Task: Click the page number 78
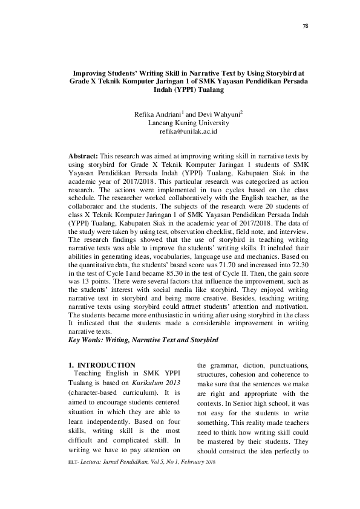coord(305,27)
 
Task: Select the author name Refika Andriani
coord(162,113)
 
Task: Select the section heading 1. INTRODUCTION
coord(101,365)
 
